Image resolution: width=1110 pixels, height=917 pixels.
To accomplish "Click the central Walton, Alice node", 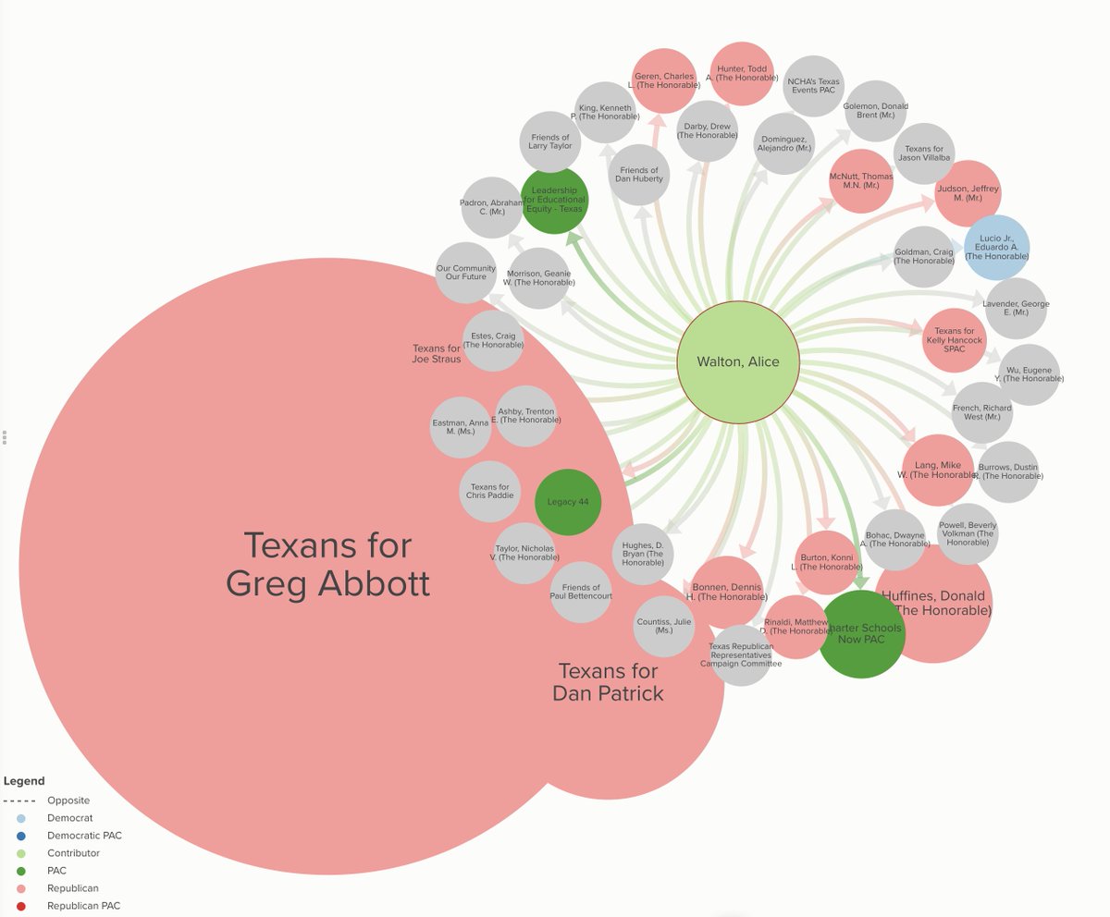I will pos(737,361).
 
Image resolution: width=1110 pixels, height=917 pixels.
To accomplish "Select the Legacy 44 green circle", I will pos(568,502).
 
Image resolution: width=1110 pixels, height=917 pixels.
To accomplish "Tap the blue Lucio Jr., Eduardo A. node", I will pos(996,248).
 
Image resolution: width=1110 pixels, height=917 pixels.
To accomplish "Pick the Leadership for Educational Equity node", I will pos(554,200).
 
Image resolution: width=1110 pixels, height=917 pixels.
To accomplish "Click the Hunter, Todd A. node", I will pos(741,73).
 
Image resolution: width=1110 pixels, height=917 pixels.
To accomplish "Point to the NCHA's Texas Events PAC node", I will pos(813,86).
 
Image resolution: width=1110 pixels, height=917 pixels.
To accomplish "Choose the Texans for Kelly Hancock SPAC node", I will pos(955,340).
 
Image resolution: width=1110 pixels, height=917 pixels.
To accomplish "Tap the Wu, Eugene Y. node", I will pos(1028,374).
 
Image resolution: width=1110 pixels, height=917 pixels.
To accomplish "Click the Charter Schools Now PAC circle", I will pos(861,632).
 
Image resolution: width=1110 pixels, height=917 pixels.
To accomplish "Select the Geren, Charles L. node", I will pos(664,80).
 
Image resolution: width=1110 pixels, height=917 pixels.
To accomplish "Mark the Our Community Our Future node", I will pos(466,273).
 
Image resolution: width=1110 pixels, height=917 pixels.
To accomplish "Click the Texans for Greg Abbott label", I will pos(327,564).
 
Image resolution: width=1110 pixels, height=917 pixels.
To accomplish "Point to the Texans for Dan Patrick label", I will pos(608,682).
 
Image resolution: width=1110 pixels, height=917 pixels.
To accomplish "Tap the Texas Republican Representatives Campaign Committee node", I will pos(740,654).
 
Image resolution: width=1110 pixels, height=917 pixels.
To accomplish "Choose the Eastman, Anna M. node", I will pos(461,427).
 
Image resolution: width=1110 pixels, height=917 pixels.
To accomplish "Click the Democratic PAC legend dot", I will pos(20,836).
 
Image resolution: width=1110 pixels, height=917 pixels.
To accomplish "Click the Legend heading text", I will pos(24,781).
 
